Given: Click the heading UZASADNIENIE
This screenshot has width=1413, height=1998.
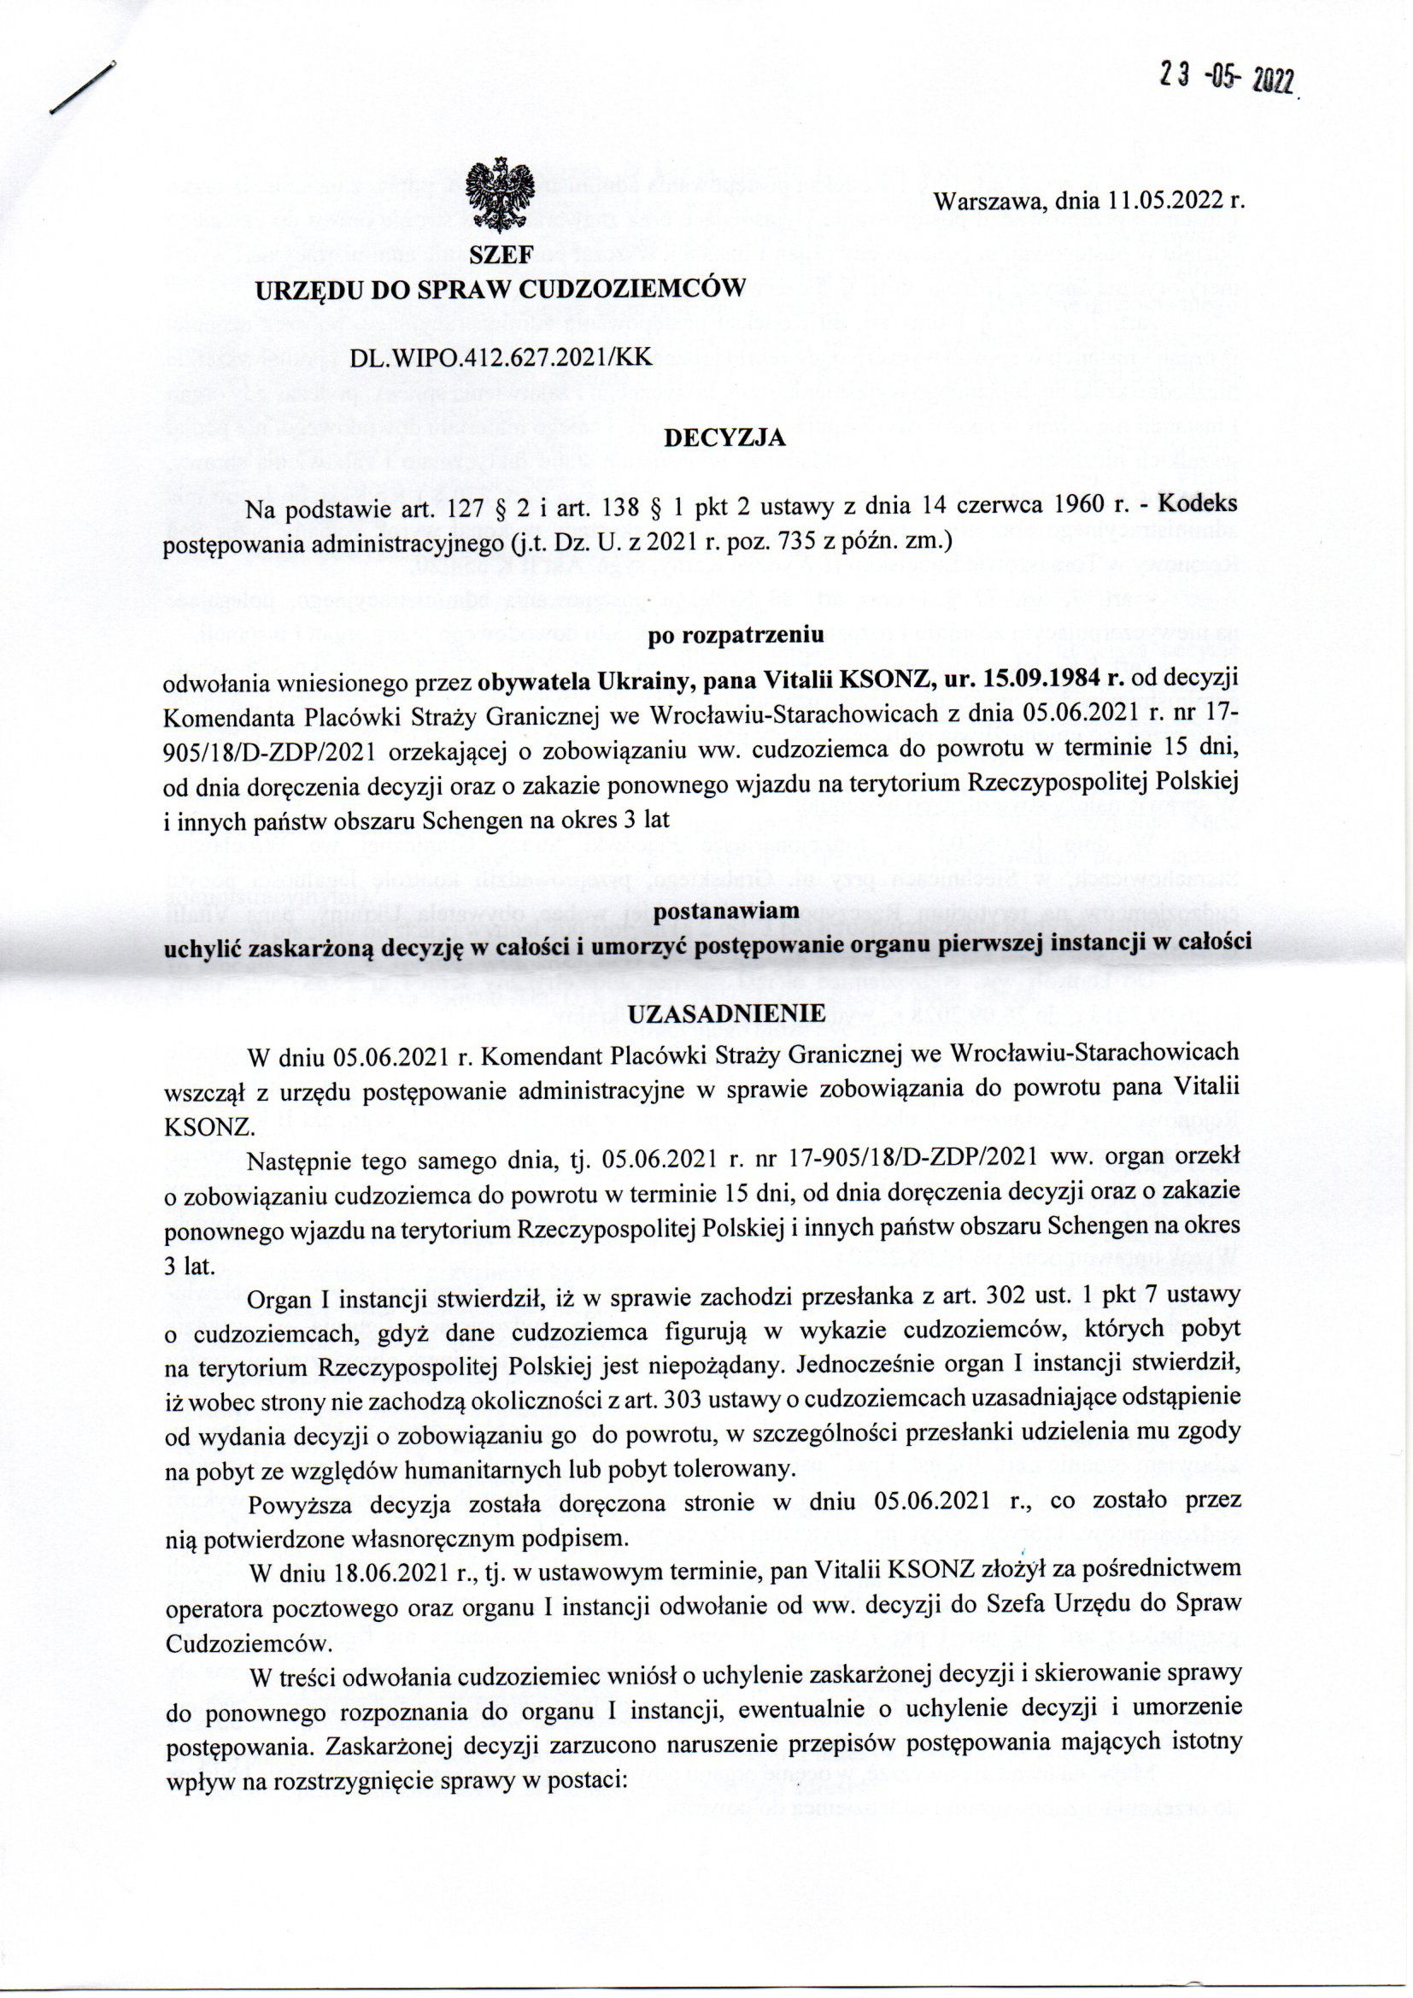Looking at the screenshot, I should click(725, 1014).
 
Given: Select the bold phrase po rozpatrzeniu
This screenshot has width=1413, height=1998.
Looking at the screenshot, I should click(724, 634).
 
